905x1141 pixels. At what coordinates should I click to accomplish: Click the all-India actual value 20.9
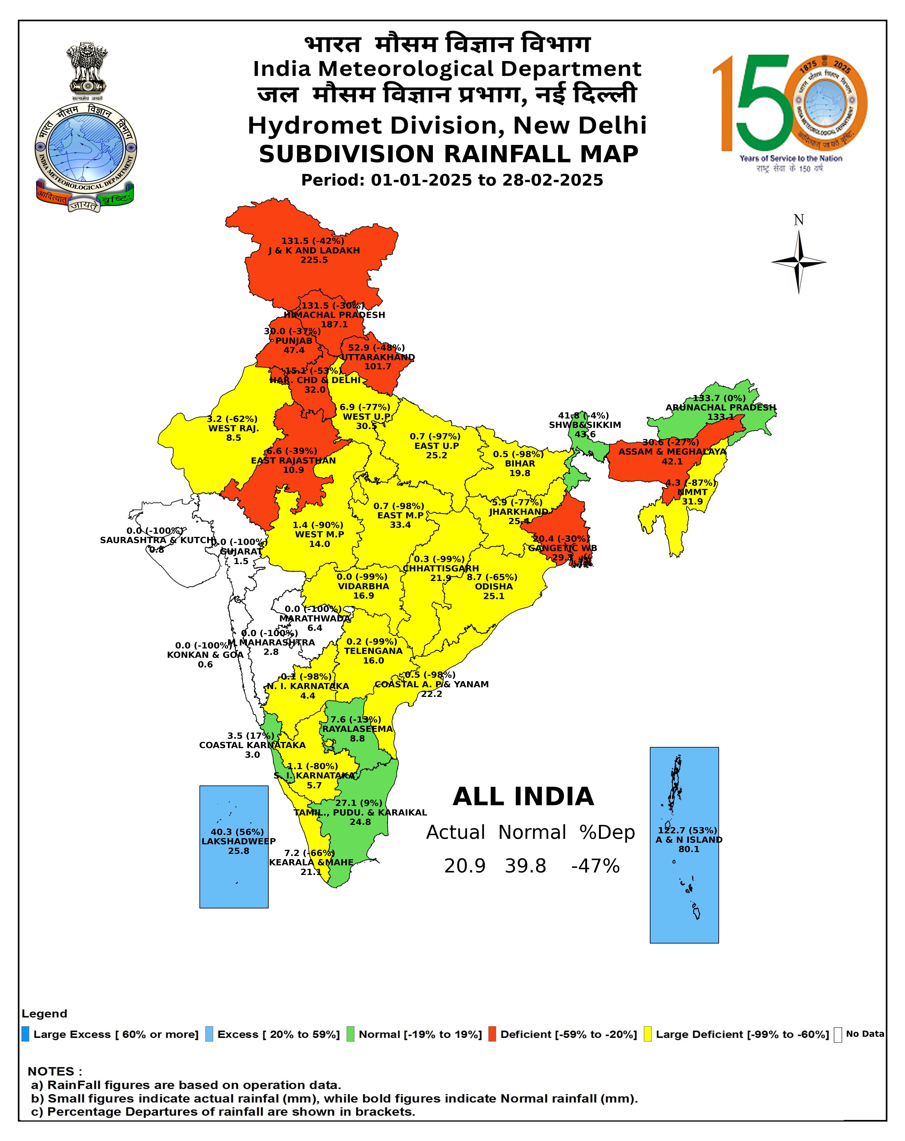464,866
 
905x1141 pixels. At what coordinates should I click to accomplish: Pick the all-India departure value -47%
595,866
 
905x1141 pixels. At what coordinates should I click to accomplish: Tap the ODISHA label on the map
493,586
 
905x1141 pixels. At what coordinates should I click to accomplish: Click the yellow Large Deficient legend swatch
647,1034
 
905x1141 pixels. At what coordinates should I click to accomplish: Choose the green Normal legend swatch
350,1034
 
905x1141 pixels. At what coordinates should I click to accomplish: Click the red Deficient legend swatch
492,1034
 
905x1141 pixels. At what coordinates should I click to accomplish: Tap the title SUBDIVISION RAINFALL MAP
449,154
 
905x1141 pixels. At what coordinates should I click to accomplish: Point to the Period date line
452,180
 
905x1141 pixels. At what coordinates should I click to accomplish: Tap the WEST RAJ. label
233,428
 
